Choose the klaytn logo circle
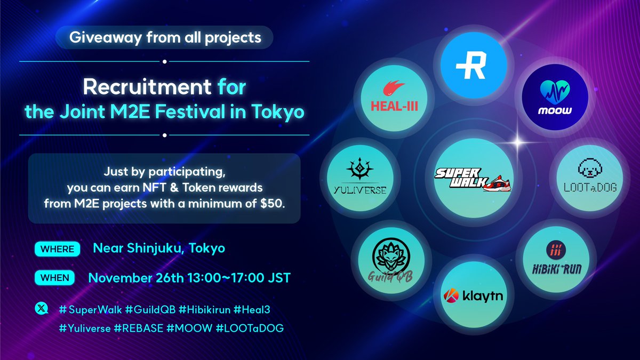point(471,295)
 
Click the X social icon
point(42,309)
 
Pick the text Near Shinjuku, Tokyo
point(159,249)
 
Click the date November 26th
point(133,278)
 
